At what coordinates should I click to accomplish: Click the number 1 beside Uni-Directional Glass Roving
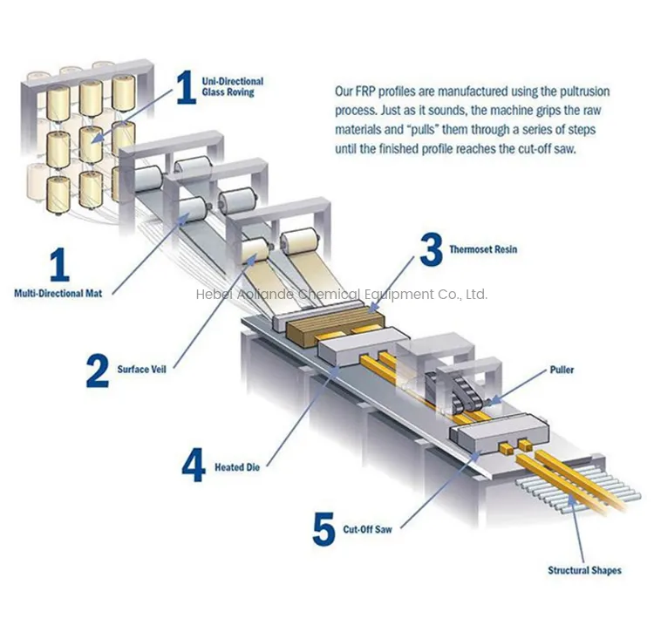click(x=186, y=87)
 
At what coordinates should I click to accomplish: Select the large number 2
click(x=97, y=369)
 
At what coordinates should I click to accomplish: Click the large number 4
click(x=193, y=466)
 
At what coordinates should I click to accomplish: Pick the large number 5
click(x=324, y=528)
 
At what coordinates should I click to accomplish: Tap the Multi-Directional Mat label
click(x=58, y=294)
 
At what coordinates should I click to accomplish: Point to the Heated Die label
click(x=237, y=468)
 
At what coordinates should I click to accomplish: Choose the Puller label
click(x=562, y=370)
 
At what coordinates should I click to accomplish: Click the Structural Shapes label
click(x=584, y=570)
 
